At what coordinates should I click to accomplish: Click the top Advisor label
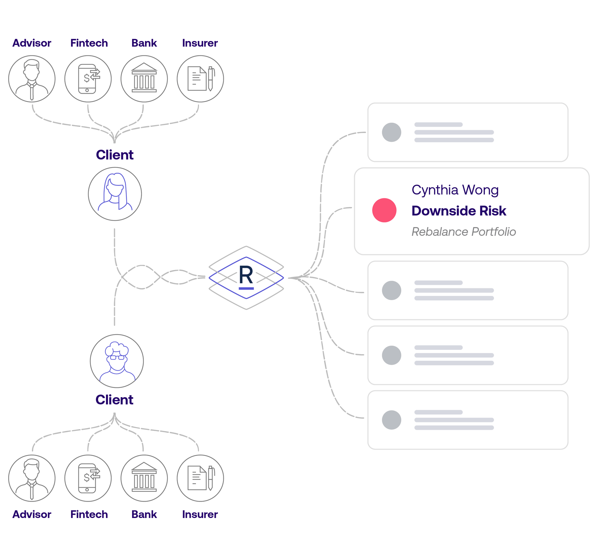point(32,43)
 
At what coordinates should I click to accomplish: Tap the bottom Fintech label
point(89,514)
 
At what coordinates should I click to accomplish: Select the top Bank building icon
point(144,79)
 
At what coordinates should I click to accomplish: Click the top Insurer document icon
point(200,79)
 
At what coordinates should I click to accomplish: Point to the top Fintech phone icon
point(88,79)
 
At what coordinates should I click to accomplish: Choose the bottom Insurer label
point(200,514)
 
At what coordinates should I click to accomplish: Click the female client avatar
point(115,193)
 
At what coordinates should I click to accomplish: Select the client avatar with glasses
point(117,361)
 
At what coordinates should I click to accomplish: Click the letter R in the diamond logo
point(246,276)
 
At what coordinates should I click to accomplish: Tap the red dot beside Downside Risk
point(384,210)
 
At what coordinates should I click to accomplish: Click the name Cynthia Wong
point(455,190)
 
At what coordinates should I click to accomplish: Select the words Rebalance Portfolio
point(464,232)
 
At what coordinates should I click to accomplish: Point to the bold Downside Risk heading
point(458,211)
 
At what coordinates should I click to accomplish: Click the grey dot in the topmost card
point(391,132)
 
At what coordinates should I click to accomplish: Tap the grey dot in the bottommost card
point(391,420)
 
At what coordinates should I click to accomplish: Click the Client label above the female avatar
point(115,155)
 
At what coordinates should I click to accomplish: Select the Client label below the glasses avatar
point(114,400)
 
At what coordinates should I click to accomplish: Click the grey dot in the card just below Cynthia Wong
point(391,290)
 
